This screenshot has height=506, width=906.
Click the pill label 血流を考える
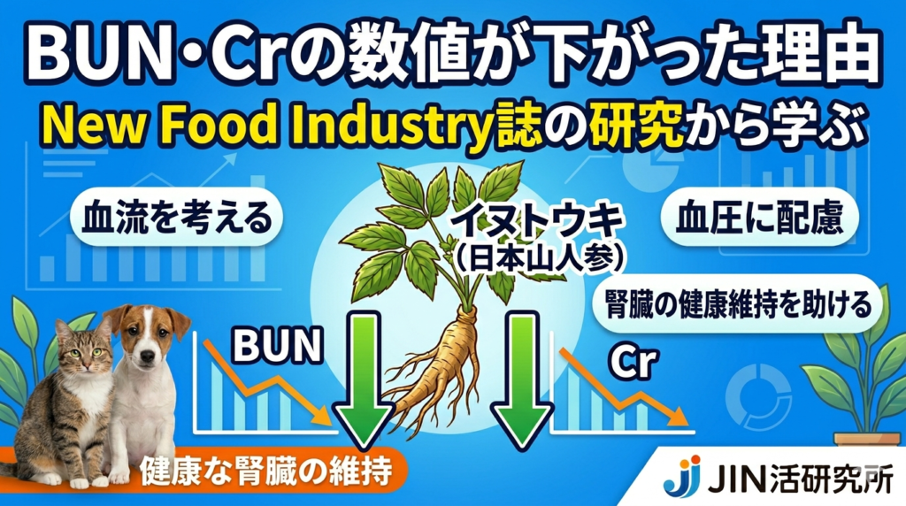tap(176, 218)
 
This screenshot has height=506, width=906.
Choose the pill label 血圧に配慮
tap(759, 218)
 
